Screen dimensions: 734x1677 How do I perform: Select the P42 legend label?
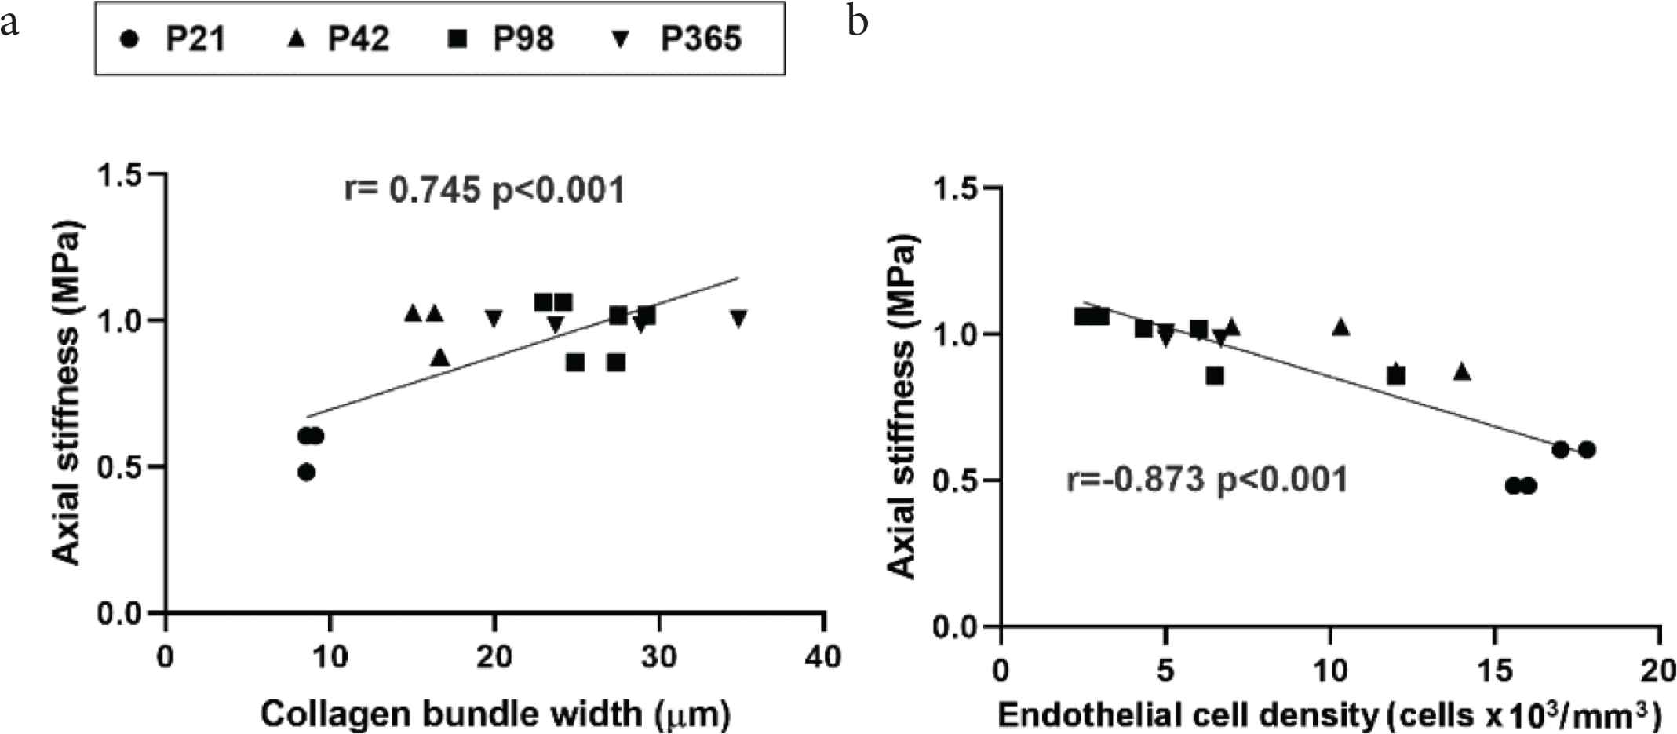point(358,38)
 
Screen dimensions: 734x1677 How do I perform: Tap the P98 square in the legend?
point(457,38)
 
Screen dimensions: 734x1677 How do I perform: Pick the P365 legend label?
point(701,38)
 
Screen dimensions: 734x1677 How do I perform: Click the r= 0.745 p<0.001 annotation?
point(484,191)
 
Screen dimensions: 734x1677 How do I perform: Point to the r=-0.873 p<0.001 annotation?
point(1207,480)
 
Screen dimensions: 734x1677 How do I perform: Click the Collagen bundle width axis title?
point(495,714)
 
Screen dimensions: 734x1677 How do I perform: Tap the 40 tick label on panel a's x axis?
point(823,656)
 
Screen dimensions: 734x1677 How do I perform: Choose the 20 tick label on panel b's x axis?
point(1658,670)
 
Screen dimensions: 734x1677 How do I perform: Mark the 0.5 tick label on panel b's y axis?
point(955,480)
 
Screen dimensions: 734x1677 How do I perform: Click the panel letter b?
point(858,21)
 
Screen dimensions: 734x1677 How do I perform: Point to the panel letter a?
point(9,23)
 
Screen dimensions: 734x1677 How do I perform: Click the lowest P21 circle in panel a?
point(307,472)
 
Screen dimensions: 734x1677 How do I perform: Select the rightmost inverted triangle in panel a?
point(738,318)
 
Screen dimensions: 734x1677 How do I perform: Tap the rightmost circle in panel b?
point(1587,450)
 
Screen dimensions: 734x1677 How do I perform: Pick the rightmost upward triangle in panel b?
point(1461,371)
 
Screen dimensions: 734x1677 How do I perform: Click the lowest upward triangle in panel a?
point(440,357)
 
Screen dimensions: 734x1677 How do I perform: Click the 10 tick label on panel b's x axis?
point(1330,670)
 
